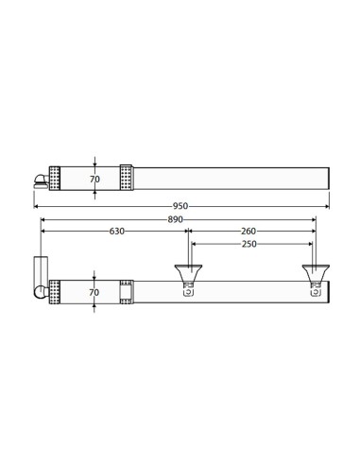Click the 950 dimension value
click(180, 206)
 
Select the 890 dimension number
click(175, 219)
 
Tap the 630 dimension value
click(117, 232)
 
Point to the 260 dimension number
click(249, 232)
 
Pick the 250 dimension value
click(249, 244)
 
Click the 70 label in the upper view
click(94, 179)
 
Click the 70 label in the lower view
click(94, 292)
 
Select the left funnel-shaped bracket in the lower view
click(188, 273)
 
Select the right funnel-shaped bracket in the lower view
click(316, 273)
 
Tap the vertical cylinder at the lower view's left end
click(41, 271)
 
